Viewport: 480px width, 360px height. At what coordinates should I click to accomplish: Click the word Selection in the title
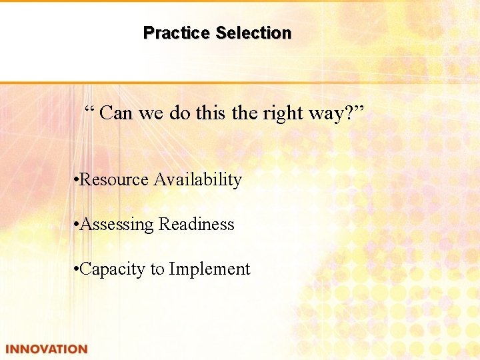pos(253,33)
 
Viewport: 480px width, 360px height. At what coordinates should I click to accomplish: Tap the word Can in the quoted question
pos(117,113)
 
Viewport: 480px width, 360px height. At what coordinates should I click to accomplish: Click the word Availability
pos(198,180)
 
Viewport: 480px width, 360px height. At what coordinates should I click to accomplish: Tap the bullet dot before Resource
pos(77,180)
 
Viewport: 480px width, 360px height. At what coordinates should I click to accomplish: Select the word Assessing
pos(117,225)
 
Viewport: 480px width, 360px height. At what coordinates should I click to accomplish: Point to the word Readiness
pos(197,225)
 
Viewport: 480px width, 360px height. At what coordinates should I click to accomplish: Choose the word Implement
pos(209,269)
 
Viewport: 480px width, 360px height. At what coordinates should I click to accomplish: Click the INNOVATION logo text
pos(46,349)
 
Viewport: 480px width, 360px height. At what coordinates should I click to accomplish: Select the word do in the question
pos(179,113)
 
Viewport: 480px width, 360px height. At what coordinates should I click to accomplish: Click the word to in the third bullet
pos(157,269)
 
